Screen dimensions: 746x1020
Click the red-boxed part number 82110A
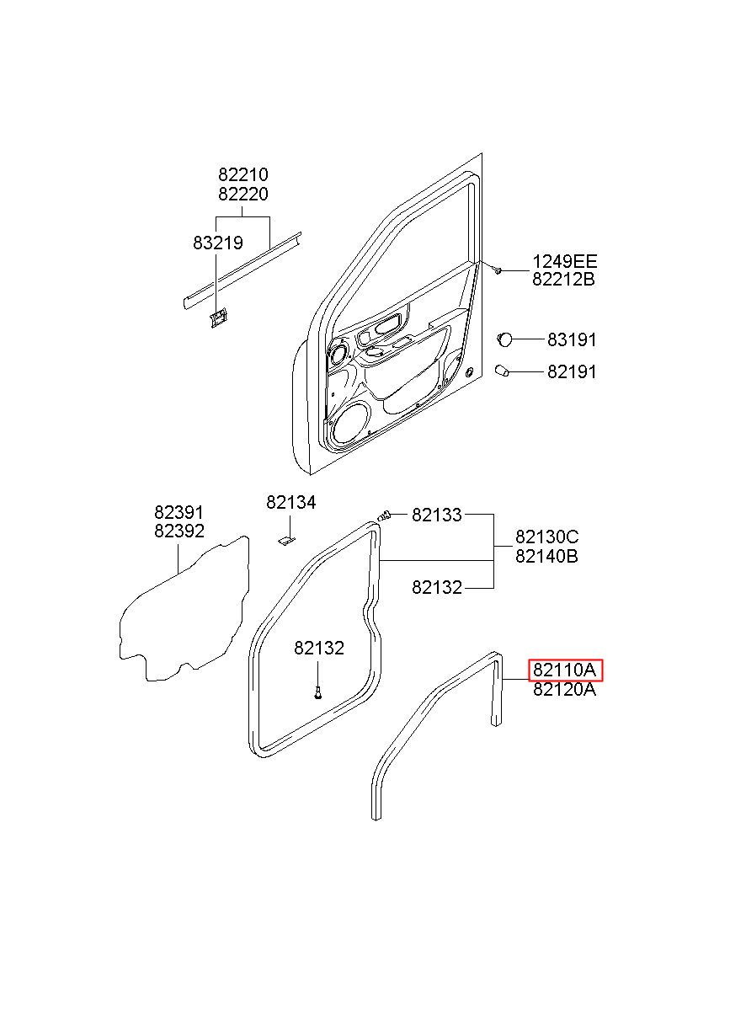564,670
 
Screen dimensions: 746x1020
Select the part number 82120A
564,690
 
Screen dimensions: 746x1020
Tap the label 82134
290,502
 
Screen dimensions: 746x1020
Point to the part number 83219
218,243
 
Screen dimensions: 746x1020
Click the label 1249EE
564,261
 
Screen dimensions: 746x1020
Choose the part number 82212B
563,279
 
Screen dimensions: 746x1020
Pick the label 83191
572,339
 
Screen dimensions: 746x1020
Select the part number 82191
572,371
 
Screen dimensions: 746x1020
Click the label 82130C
547,537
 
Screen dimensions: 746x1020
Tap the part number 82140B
546,556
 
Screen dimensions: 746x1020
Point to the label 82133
437,515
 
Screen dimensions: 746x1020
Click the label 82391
179,512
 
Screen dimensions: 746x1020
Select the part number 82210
243,174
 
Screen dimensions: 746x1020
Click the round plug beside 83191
504,339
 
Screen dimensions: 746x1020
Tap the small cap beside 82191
502,370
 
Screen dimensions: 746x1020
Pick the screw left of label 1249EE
498,270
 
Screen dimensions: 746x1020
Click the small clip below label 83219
218,318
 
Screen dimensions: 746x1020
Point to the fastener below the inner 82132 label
317,694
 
